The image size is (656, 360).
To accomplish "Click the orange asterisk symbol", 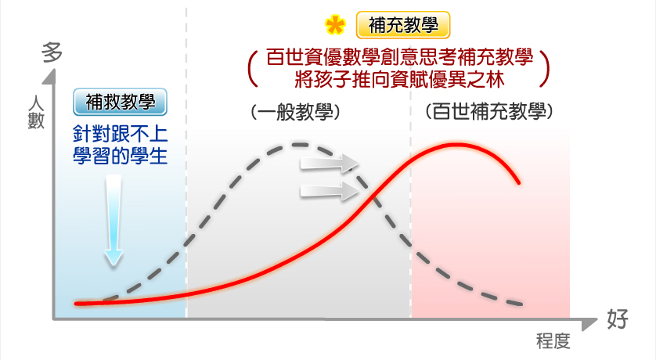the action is point(335,25).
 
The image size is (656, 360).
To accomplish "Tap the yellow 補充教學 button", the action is point(403,25).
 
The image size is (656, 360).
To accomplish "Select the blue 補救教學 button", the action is point(120,102).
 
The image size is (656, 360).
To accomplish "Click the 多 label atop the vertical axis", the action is point(52,52).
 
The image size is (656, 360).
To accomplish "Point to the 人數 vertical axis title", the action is point(36,112).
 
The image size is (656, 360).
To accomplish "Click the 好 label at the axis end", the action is point(618,319).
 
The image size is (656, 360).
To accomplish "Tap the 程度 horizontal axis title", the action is point(553,340).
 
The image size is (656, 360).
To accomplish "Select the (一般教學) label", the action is point(295,112).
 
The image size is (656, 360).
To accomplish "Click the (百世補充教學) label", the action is point(489,111).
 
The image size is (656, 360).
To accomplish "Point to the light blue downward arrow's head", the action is point(114,257).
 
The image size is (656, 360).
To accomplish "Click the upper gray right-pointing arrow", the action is point(330,163).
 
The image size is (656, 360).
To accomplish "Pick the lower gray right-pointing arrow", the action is point(330,191).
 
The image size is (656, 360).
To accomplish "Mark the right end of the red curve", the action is point(519,182).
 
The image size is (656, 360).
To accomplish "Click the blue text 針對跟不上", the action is point(120,134).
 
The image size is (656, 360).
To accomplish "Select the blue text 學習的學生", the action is point(120,156).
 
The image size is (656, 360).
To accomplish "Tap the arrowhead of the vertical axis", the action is point(50,76).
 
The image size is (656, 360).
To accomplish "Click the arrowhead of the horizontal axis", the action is point(589,323).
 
